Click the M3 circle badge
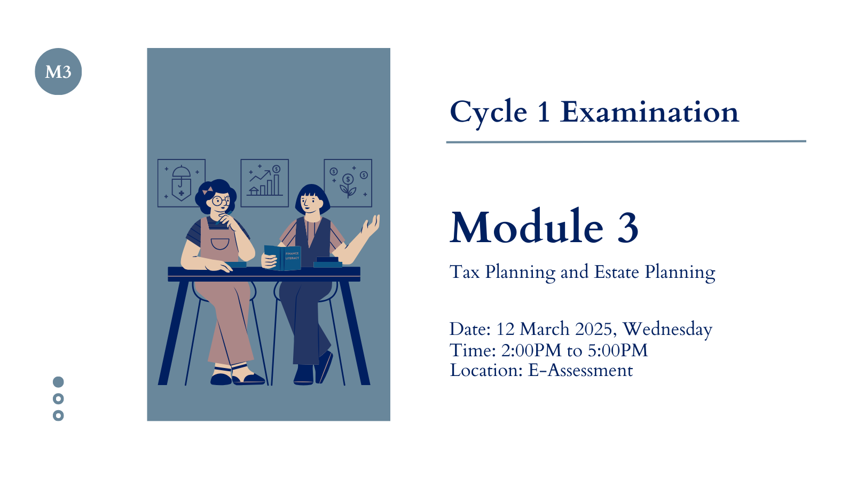click(x=58, y=71)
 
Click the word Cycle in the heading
click(x=489, y=113)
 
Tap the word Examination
click(x=649, y=112)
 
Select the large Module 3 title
click(x=544, y=227)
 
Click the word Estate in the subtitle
click(x=617, y=272)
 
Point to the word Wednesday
click(x=667, y=330)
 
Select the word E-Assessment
click(x=580, y=371)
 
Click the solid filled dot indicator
click(x=58, y=382)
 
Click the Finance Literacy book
click(x=282, y=258)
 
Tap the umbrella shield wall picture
click(x=182, y=183)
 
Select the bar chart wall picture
click(x=265, y=183)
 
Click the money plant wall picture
click(x=348, y=183)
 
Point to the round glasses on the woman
click(x=221, y=201)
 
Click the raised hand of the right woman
click(x=372, y=225)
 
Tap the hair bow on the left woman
click(x=208, y=190)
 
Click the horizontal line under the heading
click(x=626, y=142)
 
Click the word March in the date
click(x=545, y=329)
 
